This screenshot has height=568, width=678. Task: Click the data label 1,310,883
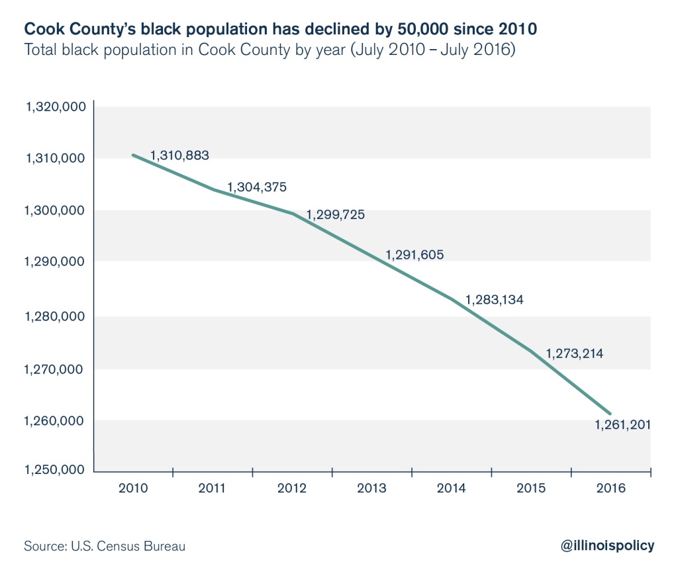click(x=179, y=156)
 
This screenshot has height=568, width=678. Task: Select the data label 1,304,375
click(x=257, y=187)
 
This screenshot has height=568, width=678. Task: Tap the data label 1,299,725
click(x=335, y=215)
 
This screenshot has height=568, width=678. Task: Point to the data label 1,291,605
click(x=414, y=254)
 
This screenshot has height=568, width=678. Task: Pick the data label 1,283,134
click(x=495, y=300)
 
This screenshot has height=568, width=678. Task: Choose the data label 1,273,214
click(x=574, y=354)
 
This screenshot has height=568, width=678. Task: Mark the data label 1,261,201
click(x=622, y=424)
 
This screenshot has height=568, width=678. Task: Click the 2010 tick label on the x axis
click(x=132, y=489)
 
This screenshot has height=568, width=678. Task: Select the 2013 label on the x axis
click(x=371, y=489)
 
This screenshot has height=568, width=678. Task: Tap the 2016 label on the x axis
click(x=610, y=489)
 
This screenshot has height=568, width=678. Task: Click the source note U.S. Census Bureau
click(x=105, y=546)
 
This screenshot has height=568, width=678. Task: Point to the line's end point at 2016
click(x=610, y=413)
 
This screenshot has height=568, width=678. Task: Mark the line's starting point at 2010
click(x=133, y=155)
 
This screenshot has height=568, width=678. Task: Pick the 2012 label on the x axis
click(x=292, y=489)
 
